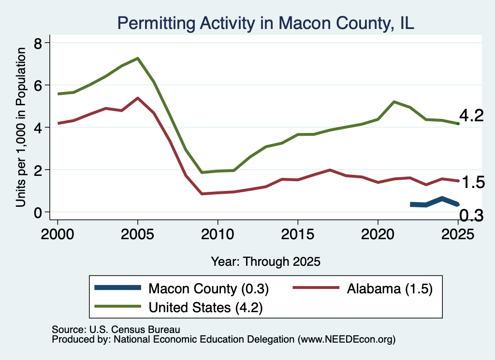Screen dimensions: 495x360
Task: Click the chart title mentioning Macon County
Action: [x=265, y=23]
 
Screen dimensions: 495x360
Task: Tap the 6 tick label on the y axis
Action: [x=38, y=86]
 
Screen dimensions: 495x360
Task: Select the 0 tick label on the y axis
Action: [x=38, y=213]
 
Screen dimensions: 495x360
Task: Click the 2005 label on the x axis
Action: [x=137, y=234]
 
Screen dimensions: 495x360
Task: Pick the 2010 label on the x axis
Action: [x=218, y=234]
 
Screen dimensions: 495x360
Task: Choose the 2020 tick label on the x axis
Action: [x=378, y=234]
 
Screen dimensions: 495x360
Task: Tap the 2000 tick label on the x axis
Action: [x=58, y=234]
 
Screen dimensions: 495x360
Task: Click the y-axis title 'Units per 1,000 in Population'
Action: [x=21, y=127]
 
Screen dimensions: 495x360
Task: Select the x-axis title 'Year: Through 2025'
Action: [x=265, y=261]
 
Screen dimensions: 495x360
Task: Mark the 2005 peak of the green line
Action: [x=138, y=58]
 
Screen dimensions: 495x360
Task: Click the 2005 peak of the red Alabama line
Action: [x=138, y=98]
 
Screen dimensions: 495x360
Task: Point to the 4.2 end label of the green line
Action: [x=471, y=116]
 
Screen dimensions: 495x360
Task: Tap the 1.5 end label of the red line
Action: [x=473, y=182]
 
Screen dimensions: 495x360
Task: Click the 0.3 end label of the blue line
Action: [x=471, y=216]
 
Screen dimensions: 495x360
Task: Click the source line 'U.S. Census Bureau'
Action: [x=135, y=330]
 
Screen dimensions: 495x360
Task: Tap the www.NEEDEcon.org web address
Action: [x=346, y=340]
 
